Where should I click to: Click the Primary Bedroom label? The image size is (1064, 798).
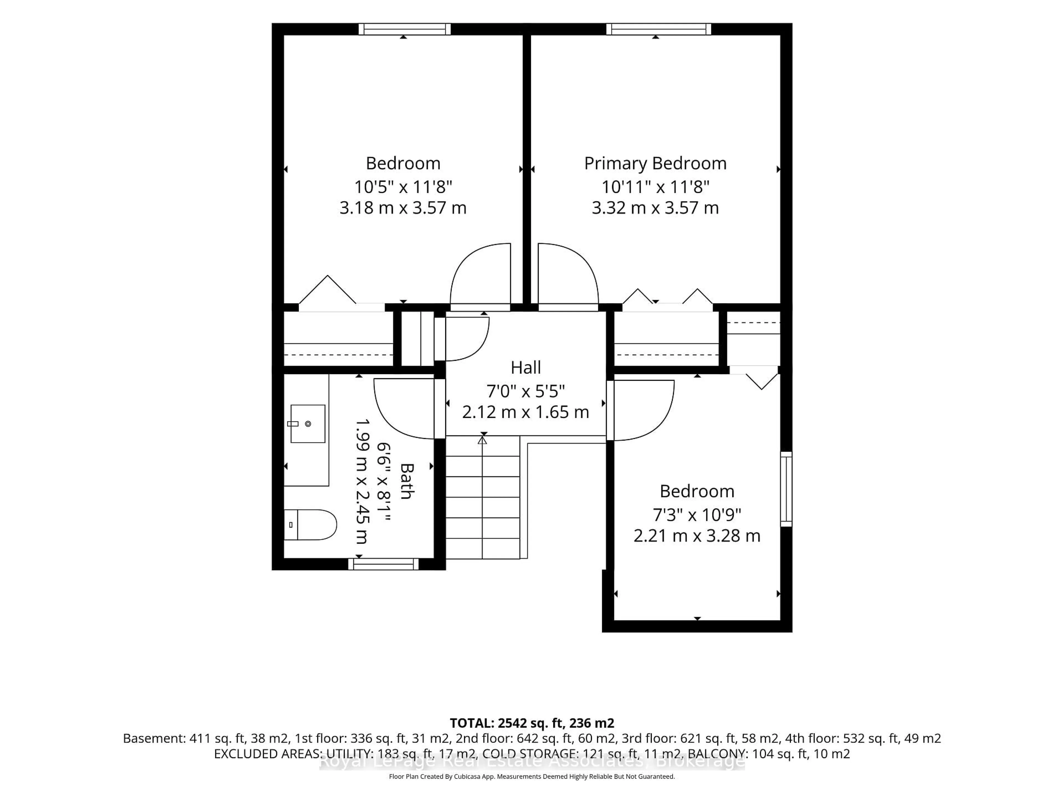pos(655,163)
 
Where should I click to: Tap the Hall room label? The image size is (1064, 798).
pos(526,367)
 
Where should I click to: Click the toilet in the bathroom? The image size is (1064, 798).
pos(310,525)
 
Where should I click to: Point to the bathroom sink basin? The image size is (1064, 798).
pos(308,424)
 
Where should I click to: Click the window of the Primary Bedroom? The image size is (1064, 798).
pos(659,29)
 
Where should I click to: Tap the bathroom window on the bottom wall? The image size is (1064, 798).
pos(383,564)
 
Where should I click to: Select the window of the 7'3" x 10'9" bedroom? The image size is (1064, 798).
pos(786,489)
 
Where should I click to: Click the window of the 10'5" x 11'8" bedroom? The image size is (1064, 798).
pos(405,29)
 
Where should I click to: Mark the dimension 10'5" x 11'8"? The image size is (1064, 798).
pos(403,186)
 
